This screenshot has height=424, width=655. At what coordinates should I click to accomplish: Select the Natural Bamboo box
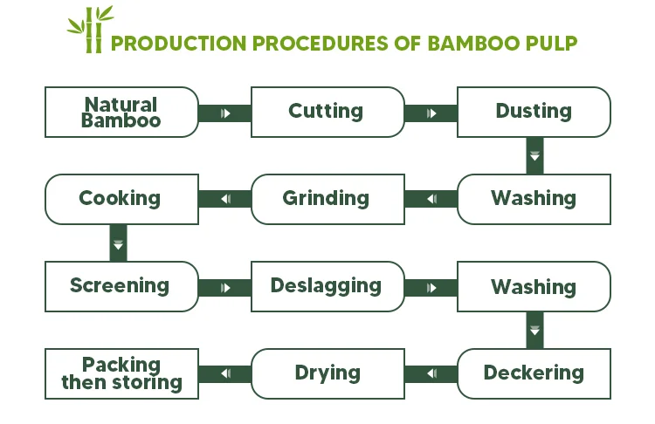tap(121, 113)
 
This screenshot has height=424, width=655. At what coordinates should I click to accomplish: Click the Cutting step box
tap(326, 112)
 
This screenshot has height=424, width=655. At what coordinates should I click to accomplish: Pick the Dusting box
tap(534, 112)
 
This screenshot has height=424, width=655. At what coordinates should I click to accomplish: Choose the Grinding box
tap(326, 199)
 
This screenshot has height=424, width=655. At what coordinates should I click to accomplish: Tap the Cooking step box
tap(121, 199)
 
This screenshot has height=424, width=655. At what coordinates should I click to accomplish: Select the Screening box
tap(120, 286)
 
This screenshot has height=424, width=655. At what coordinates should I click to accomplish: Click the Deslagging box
tap(326, 286)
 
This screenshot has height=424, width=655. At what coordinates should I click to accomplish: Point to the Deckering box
tap(534, 373)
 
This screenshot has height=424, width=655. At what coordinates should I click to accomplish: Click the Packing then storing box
tap(121, 373)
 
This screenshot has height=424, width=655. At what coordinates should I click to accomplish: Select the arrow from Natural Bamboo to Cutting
tap(225, 113)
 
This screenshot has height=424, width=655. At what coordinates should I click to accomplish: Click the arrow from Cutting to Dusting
tap(431, 113)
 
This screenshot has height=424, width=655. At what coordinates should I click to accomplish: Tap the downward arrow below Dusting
tap(534, 156)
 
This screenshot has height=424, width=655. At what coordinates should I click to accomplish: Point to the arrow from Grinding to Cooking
tap(225, 200)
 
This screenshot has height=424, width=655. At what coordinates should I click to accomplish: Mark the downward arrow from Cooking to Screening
tap(119, 243)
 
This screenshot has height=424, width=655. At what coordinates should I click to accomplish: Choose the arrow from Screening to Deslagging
tap(225, 287)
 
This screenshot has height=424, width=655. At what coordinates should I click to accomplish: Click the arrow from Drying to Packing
tap(225, 374)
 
